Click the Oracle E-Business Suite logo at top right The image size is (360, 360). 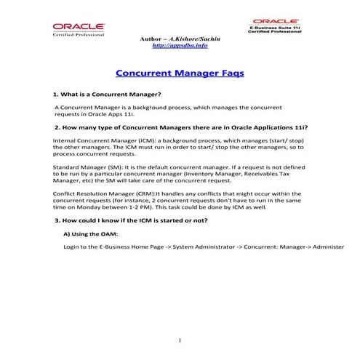[276, 27]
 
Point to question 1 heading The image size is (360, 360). [107, 95]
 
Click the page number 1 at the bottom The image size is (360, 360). [179, 340]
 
